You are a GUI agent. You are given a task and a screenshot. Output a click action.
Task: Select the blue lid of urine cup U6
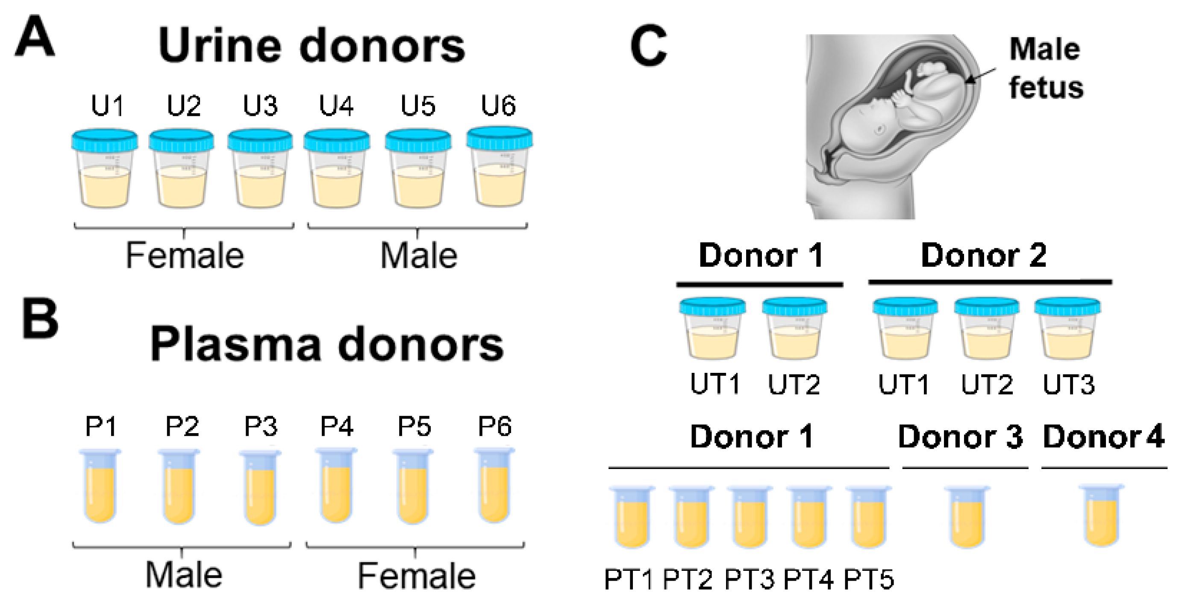[x=500, y=137]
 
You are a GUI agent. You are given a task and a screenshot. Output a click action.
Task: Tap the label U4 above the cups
[x=336, y=106]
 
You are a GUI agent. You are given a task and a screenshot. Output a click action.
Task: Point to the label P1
[x=101, y=427]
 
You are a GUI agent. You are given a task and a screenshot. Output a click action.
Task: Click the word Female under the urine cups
[x=185, y=256]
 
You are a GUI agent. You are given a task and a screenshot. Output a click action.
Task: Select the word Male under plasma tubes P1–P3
[x=184, y=575]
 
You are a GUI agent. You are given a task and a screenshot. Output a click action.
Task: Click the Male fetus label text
[x=1045, y=68]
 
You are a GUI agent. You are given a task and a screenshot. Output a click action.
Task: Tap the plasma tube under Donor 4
[x=1102, y=516]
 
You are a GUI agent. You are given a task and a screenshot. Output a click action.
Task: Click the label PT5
[x=869, y=579]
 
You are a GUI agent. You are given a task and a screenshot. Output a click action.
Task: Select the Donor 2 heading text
[x=984, y=255]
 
